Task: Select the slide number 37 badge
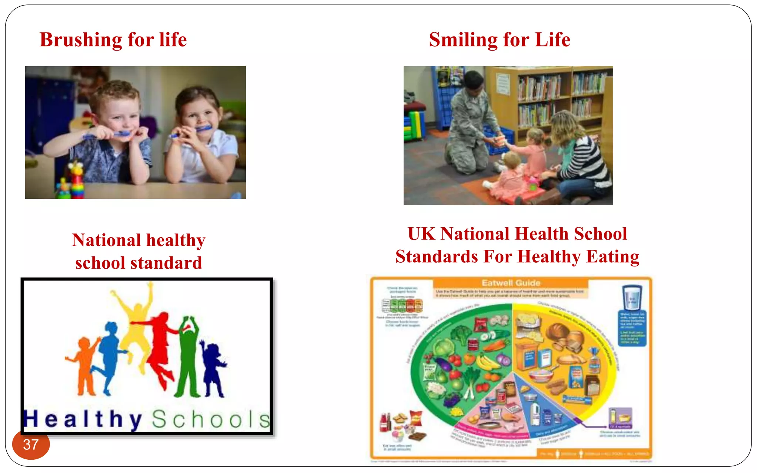coord(31,445)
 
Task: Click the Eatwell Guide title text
coord(511,283)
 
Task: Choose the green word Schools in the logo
coord(211,419)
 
